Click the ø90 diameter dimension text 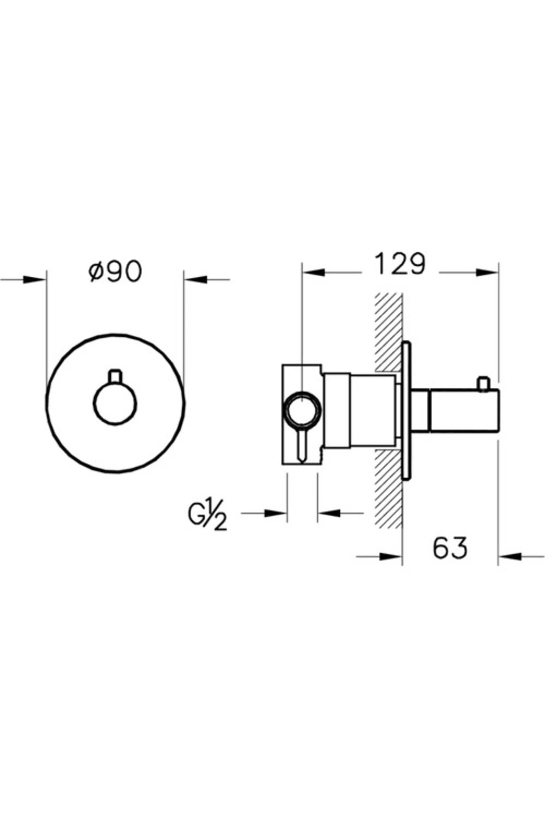115,271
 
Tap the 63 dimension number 450,548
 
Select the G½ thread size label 207,516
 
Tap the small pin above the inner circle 115,377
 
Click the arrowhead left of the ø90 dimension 34,279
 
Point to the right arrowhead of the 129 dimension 487,272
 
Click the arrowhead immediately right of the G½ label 275,513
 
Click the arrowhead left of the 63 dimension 391,556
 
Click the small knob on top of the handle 484,384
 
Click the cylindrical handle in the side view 463,410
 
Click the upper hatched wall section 388,332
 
